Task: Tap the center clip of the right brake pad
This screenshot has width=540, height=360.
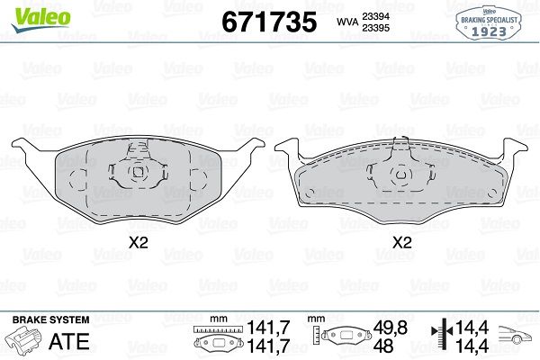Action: pyautogui.click(x=401, y=170)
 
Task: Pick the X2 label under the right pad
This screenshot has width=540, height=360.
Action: pyautogui.click(x=401, y=242)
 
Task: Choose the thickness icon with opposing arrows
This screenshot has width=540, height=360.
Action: pyautogui.click(x=438, y=338)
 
